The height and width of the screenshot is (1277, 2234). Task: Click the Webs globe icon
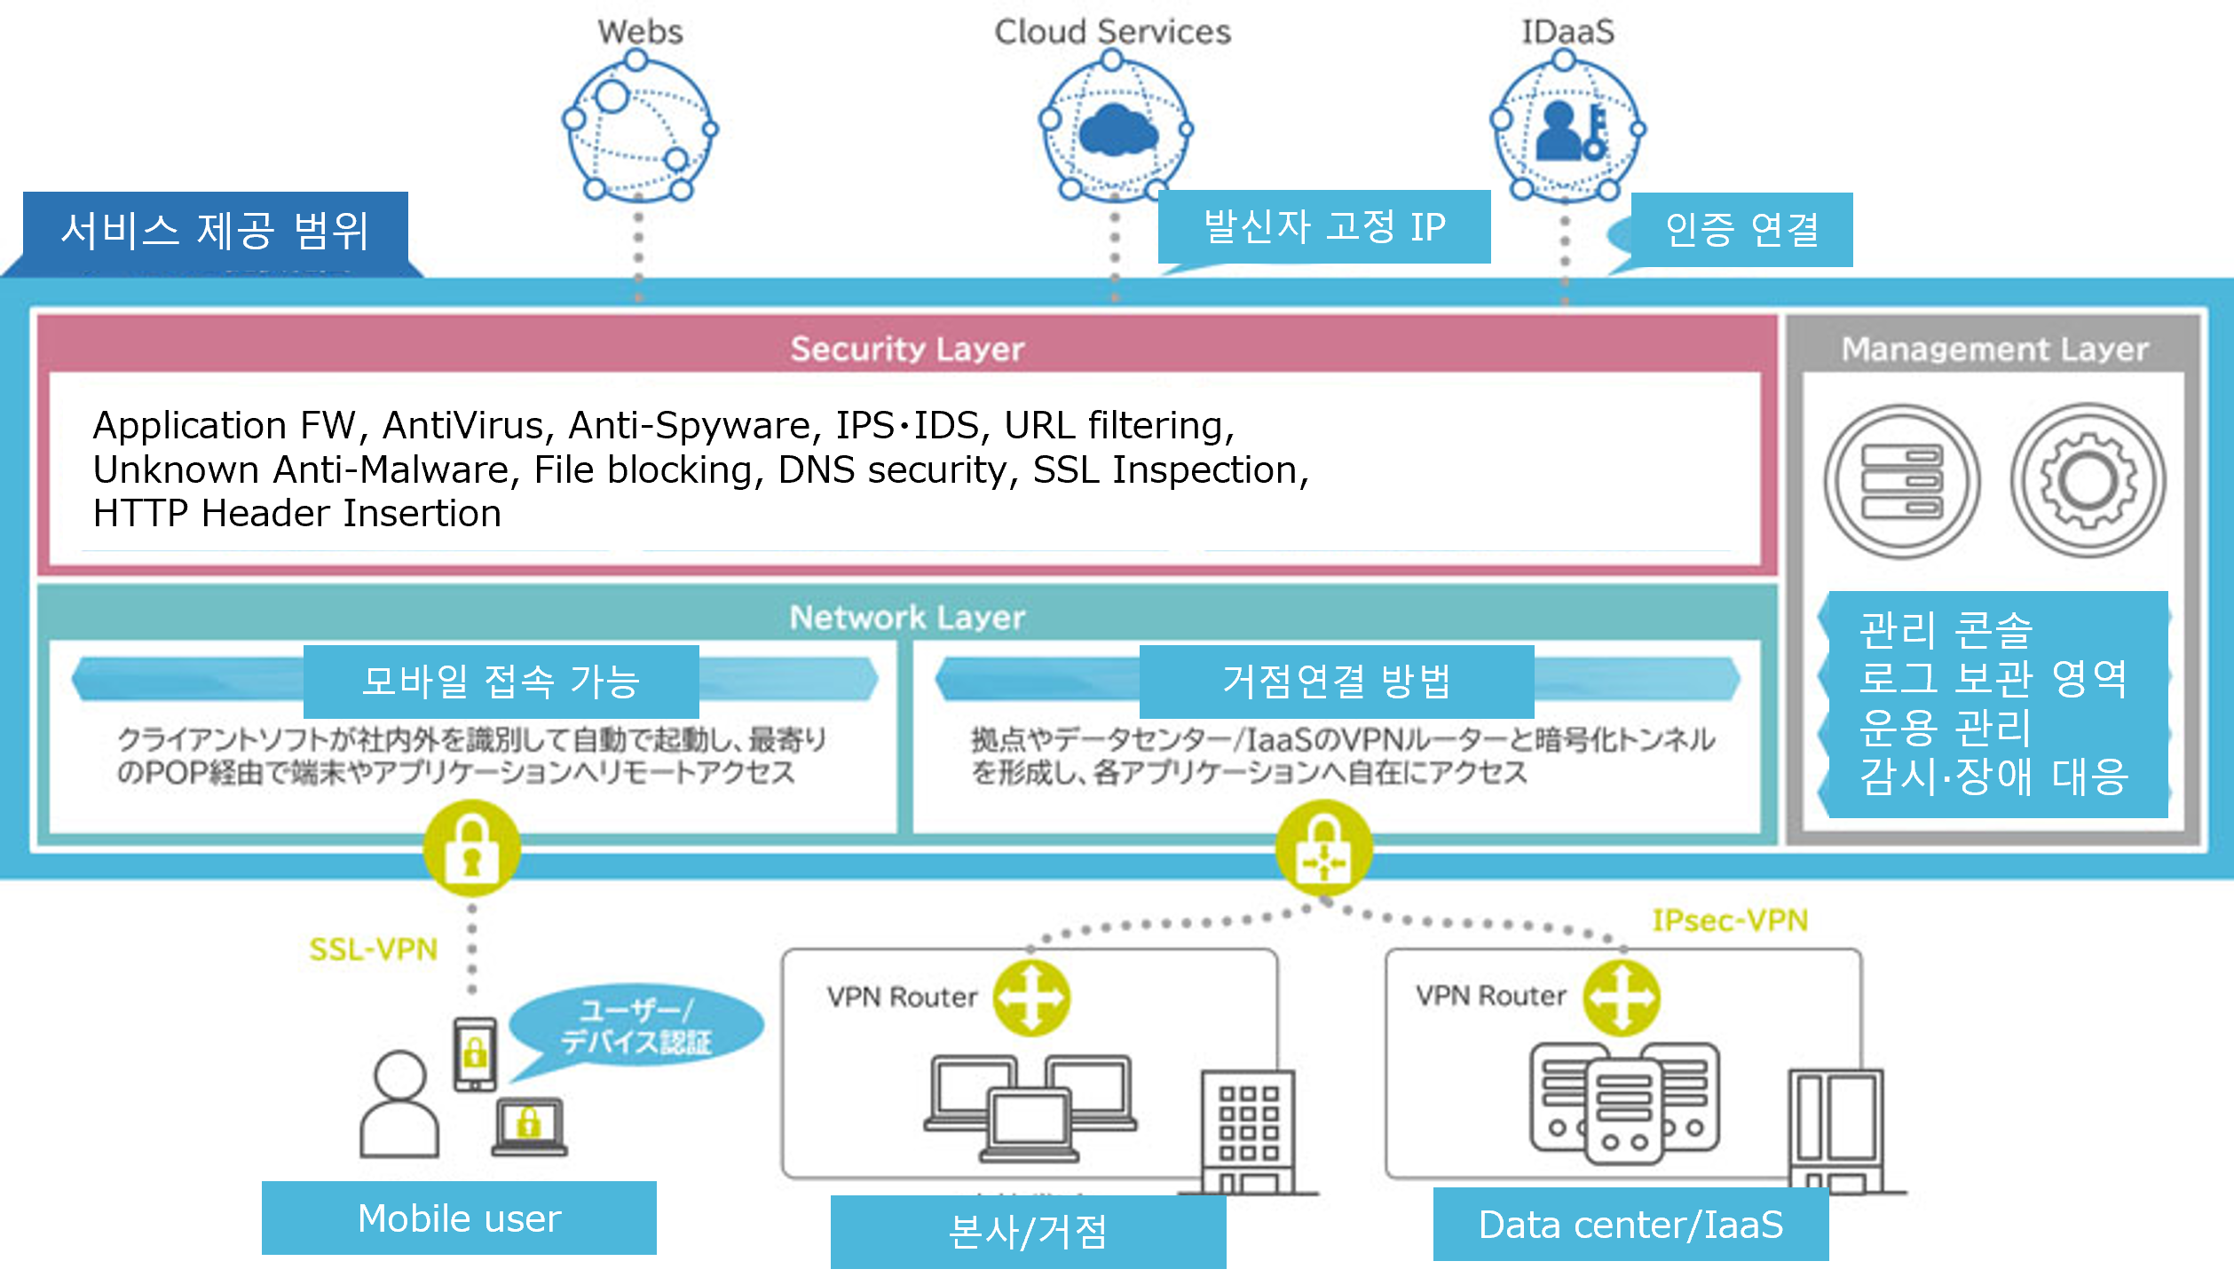click(639, 130)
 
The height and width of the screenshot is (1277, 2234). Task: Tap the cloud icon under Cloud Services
click(1117, 131)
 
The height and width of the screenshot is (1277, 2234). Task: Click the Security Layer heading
click(907, 349)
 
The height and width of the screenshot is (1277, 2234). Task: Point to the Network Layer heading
click(907, 617)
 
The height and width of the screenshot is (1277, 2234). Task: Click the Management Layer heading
click(1994, 349)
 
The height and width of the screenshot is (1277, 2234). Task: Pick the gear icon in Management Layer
click(2088, 481)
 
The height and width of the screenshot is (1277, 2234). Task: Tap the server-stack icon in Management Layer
click(1902, 482)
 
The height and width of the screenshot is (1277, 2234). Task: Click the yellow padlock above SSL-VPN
click(471, 848)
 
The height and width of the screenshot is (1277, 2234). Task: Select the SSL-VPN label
click(373, 950)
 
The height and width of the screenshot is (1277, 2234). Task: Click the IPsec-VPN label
click(1729, 920)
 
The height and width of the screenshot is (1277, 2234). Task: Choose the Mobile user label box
click(459, 1218)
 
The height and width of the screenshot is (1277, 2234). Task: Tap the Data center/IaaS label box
click(1630, 1224)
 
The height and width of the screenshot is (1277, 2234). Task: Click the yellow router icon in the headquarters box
click(1031, 997)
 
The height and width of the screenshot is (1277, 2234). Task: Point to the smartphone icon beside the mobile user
click(475, 1053)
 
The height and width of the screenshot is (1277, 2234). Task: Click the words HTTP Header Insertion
click(296, 513)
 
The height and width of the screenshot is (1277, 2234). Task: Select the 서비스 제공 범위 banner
click(215, 230)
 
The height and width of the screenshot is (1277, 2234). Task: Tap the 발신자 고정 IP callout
click(1323, 226)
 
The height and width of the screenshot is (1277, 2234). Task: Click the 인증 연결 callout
click(1741, 230)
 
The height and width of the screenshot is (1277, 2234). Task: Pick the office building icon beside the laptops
click(1248, 1131)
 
